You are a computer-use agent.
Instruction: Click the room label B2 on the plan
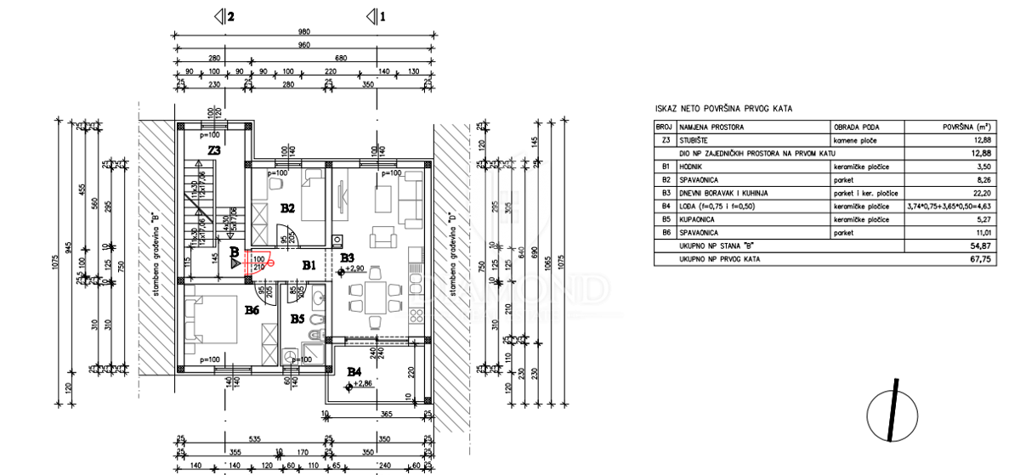tap(287, 207)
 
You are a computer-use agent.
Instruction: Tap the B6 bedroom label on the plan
tap(252, 311)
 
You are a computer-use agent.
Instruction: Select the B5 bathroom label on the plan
tap(297, 319)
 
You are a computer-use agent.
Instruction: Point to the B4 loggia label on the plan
tap(354, 371)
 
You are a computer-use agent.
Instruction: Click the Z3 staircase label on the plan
tap(214, 151)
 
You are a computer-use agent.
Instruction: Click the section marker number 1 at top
tap(382, 15)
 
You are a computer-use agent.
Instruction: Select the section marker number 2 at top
tap(229, 15)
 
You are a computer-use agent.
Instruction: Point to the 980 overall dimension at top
tap(304, 31)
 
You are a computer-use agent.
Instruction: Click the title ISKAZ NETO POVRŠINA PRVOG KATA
tap(723, 109)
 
